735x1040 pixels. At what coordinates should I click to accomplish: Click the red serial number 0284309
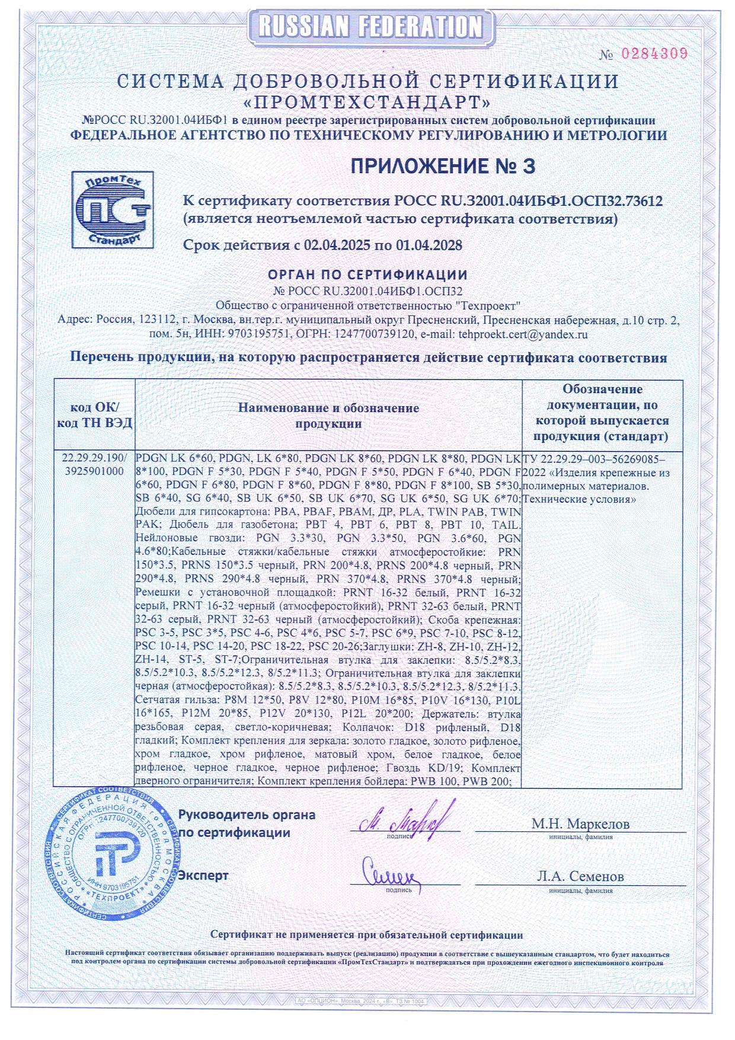[x=654, y=53]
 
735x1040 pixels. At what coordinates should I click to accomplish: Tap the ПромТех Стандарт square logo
[x=112, y=209]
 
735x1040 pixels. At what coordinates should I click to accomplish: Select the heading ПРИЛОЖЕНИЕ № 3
[x=442, y=167]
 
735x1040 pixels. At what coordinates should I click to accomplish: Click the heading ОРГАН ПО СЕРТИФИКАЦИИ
[x=367, y=275]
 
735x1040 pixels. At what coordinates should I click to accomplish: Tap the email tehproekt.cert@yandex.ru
[x=523, y=334]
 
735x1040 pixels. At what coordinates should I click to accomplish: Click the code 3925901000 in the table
[x=95, y=471]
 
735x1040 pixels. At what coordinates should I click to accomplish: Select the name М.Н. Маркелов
[x=580, y=824]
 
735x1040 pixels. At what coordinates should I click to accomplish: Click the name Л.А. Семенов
[x=580, y=876]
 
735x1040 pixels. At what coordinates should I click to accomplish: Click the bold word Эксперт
[x=203, y=875]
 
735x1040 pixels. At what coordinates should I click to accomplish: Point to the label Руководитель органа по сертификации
[x=247, y=824]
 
